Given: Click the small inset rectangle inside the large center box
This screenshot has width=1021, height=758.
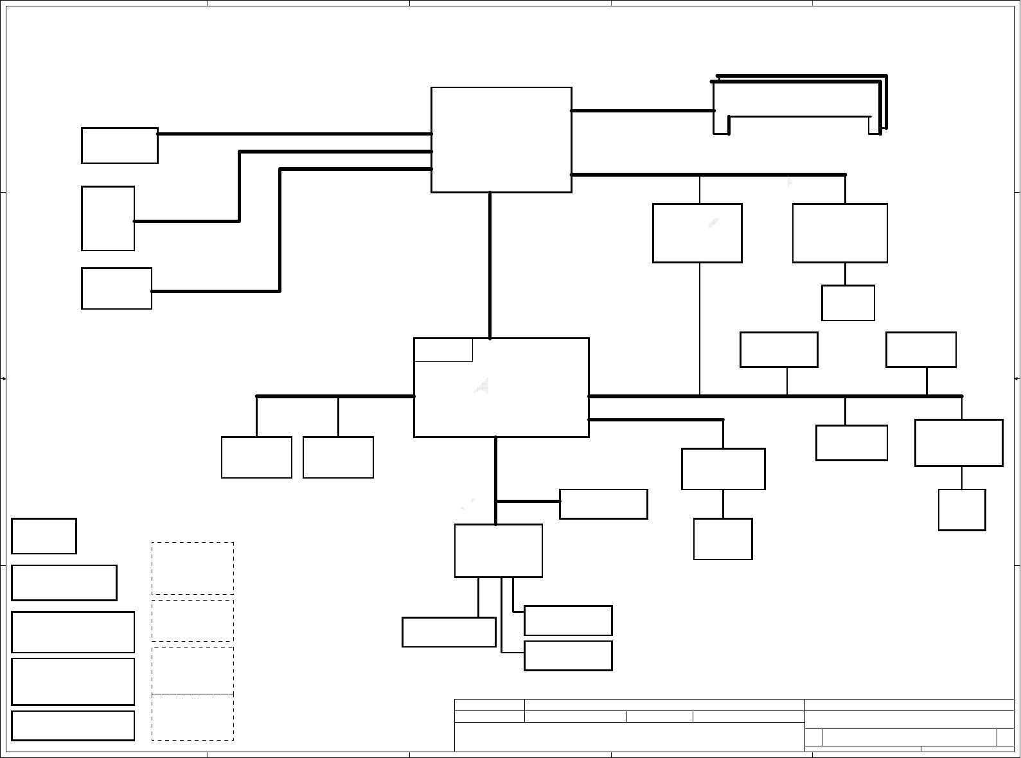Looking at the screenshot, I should tap(443, 350).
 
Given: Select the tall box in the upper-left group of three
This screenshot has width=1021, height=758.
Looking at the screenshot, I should tap(108, 218).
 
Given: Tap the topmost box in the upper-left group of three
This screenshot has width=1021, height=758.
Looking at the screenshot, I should tap(120, 146).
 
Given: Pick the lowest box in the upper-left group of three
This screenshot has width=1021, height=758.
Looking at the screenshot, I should tap(116, 288).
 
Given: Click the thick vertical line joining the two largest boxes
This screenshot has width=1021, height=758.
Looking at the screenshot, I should tap(490, 265).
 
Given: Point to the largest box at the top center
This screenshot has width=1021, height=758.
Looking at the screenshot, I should tap(501, 140).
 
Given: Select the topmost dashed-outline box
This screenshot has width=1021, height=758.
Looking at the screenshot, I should tap(193, 568).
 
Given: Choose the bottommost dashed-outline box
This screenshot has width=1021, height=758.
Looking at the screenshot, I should tap(193, 717).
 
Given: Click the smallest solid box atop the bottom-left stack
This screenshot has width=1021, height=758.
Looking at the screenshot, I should tap(44, 536).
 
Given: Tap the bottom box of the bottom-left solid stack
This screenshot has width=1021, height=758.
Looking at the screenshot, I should tap(73, 725).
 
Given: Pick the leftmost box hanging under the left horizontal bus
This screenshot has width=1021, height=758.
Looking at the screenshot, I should tap(256, 457).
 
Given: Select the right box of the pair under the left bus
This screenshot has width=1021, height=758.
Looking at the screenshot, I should tap(338, 457).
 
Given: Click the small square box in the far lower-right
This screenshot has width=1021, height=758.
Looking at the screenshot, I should tap(962, 510).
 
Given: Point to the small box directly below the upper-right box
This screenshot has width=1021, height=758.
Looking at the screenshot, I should tap(848, 303).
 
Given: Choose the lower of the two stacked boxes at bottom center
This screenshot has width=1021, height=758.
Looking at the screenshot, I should tap(568, 655).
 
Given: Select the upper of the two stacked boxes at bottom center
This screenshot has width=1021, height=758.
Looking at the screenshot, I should tap(568, 621).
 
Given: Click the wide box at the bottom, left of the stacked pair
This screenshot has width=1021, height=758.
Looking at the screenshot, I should tap(448, 632).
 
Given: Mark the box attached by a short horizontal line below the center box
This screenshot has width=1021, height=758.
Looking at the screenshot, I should tap(603, 504).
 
